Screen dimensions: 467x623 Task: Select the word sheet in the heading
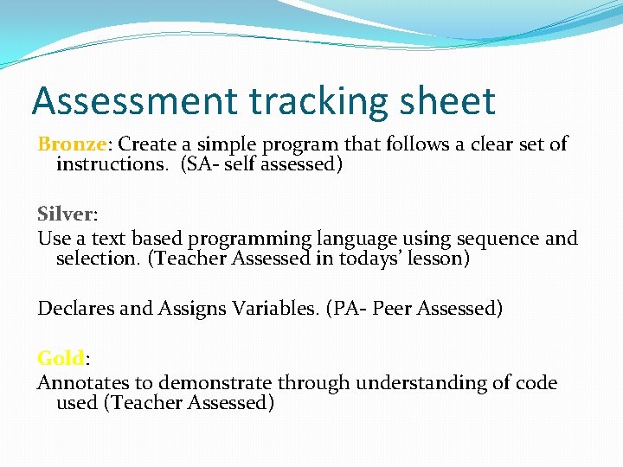click(x=451, y=101)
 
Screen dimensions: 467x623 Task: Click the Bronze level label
click(x=71, y=144)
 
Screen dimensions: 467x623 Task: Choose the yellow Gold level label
click(x=60, y=358)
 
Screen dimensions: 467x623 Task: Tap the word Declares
click(x=75, y=308)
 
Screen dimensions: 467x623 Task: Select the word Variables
click(x=275, y=308)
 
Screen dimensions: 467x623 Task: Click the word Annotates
click(x=80, y=382)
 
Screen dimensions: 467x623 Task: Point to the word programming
click(x=250, y=240)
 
